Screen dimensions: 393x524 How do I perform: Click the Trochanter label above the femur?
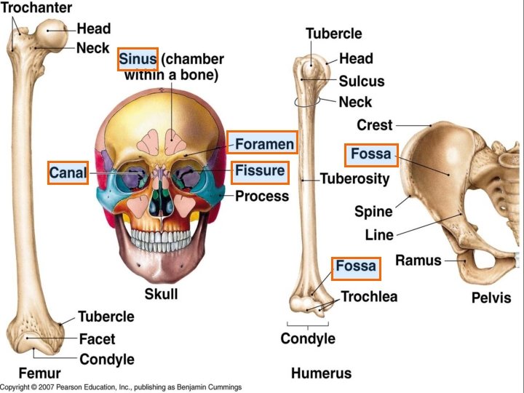[x=36, y=8]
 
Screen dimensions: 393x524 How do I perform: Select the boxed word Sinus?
[x=138, y=57]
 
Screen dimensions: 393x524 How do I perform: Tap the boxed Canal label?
[x=68, y=172]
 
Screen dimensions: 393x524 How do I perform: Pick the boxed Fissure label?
[x=259, y=172]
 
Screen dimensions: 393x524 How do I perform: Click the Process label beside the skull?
[x=262, y=196]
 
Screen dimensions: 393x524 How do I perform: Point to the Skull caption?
[x=161, y=295]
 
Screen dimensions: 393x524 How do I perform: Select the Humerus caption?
[x=321, y=374]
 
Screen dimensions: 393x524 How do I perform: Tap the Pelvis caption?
[x=491, y=298]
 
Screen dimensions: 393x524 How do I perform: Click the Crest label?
[x=375, y=125]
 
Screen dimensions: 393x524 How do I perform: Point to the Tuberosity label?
[x=355, y=178]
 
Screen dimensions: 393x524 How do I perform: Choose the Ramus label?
[x=418, y=260]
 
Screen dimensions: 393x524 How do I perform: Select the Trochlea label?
[x=370, y=297]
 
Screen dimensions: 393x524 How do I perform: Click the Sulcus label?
[x=362, y=81]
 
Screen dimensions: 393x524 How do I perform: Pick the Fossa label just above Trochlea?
[x=356, y=266]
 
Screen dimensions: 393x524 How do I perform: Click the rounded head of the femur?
[x=55, y=31]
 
